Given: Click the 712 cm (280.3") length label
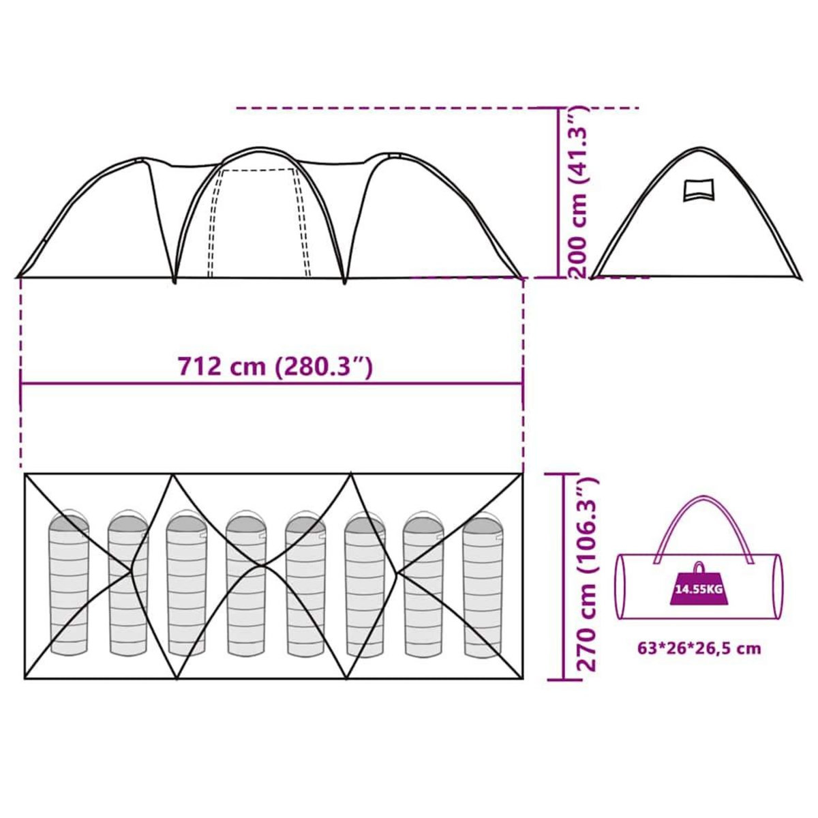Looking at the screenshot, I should (275, 367).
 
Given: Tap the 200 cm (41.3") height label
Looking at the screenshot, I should (578, 192).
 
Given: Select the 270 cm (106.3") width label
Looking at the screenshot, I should (586, 575).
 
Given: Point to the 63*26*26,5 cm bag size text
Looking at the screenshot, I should (699, 648).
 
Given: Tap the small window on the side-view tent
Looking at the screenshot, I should (699, 190).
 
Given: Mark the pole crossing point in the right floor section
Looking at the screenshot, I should (398, 571).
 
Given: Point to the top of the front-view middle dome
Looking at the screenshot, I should (259, 148).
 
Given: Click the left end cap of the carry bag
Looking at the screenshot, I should (621, 587).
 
